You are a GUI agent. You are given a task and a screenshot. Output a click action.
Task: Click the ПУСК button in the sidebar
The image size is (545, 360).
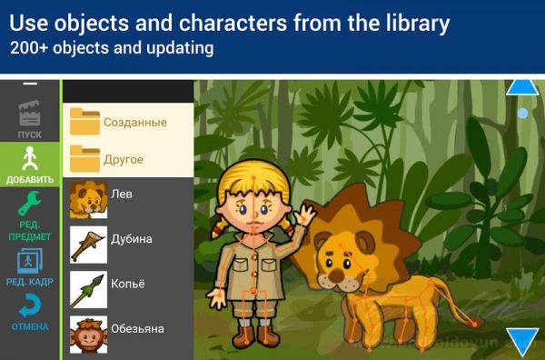click(x=30, y=119)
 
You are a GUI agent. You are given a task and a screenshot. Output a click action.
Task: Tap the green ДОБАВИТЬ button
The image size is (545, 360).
click(x=30, y=165)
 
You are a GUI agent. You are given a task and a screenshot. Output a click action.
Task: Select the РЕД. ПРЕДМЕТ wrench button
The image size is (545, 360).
click(x=30, y=216)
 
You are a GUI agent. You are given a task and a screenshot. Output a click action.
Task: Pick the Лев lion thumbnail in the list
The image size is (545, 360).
click(x=89, y=199)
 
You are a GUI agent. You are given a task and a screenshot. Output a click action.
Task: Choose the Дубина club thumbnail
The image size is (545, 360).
click(x=89, y=245)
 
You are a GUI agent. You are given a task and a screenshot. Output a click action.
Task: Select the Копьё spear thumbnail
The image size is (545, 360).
click(x=89, y=289)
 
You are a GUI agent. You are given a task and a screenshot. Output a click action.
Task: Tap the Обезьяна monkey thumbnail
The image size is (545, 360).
click(x=89, y=333)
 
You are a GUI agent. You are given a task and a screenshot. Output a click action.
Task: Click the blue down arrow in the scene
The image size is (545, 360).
click(x=523, y=341)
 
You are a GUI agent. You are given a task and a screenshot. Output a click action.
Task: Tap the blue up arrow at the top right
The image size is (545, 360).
click(x=522, y=86)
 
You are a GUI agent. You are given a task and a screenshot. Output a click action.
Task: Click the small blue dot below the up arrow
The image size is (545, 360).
click(x=522, y=113)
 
